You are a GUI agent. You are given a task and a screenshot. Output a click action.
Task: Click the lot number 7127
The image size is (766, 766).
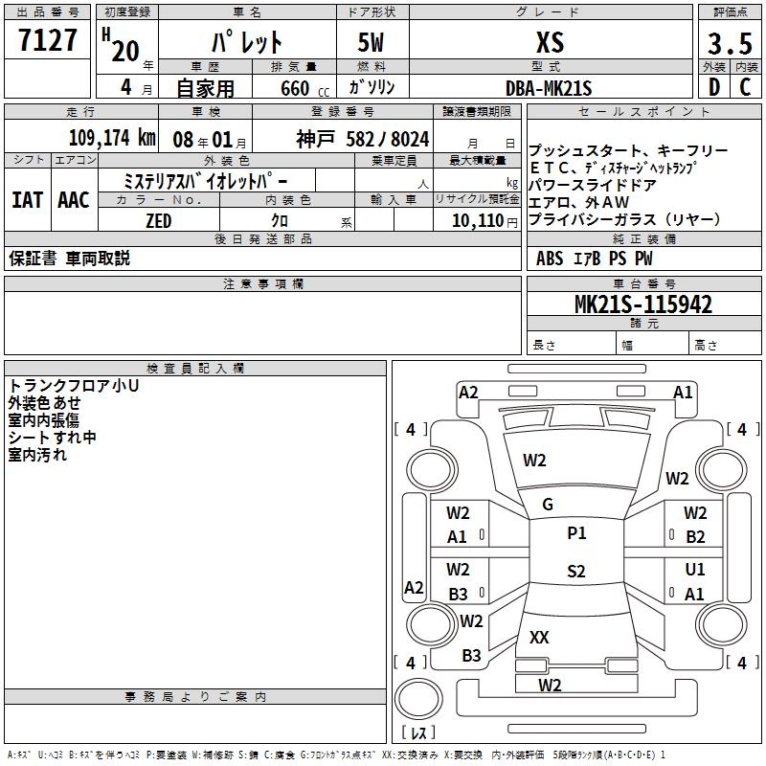(48, 41)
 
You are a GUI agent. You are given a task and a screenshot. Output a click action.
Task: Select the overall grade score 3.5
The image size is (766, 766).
(728, 43)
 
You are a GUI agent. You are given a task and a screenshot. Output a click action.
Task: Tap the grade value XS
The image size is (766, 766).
(550, 42)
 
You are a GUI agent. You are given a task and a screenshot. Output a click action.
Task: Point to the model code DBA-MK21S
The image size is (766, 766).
(550, 87)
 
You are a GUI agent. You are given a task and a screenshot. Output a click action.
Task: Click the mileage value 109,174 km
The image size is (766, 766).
(112, 137)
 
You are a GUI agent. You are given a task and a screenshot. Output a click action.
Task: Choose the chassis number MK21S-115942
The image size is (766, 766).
(642, 304)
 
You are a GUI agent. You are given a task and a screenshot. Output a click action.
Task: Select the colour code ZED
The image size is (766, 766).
(158, 221)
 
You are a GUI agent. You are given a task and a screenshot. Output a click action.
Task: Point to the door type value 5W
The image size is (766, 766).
(372, 42)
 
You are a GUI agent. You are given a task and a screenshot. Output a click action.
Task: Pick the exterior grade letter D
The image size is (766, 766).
(713, 87)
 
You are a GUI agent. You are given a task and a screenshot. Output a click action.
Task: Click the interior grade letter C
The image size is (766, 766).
(745, 87)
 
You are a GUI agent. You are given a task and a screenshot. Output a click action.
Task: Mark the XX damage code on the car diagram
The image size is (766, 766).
(539, 637)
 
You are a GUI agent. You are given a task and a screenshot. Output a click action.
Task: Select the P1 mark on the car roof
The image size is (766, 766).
(576, 533)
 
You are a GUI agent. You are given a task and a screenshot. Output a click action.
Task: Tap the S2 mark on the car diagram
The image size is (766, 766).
(575, 572)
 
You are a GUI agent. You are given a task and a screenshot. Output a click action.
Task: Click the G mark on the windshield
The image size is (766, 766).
(548, 505)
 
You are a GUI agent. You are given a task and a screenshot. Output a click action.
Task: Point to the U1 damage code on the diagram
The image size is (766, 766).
(695, 570)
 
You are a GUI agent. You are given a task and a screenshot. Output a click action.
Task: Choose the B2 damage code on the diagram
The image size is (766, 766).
(695, 537)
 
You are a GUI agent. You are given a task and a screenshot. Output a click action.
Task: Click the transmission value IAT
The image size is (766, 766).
(28, 200)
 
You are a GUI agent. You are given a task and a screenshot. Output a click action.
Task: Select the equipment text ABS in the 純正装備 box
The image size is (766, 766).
(550, 258)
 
